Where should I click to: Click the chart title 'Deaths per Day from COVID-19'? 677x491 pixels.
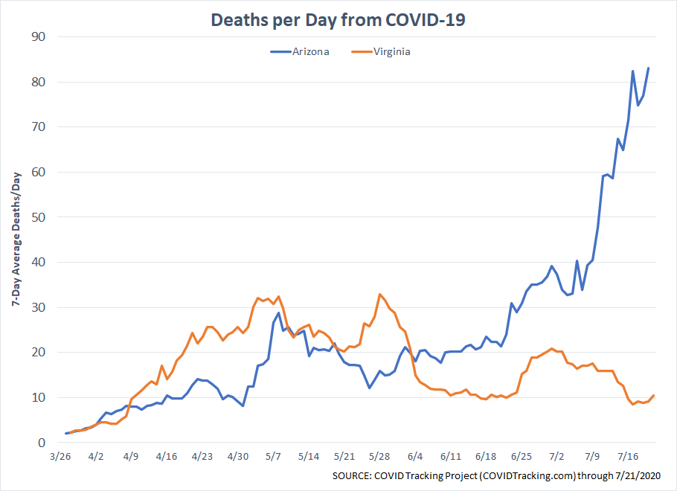338,19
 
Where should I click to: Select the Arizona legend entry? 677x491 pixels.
301,52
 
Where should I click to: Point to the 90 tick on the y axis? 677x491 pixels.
38,36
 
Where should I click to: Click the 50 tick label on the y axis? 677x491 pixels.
38,217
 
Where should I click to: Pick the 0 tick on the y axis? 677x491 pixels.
42,443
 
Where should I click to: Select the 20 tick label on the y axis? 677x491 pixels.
38,353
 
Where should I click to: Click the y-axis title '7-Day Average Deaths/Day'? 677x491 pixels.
16,240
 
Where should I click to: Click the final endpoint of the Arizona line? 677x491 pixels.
648,68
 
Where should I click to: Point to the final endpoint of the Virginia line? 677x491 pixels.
653,396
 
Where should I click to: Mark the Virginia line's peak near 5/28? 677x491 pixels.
379,294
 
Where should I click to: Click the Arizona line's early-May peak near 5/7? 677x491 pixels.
278,312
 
